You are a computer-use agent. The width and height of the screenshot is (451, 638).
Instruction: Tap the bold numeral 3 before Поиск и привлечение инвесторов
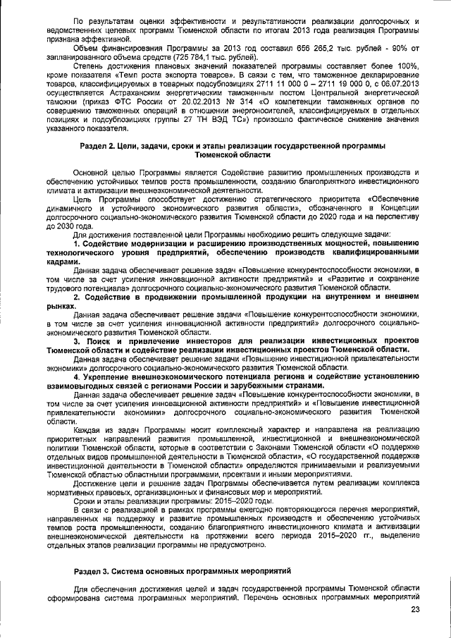77,340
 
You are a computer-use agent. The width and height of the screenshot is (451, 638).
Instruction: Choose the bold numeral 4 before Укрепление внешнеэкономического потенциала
77,376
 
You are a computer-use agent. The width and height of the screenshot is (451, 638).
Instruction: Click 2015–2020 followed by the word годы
203,500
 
